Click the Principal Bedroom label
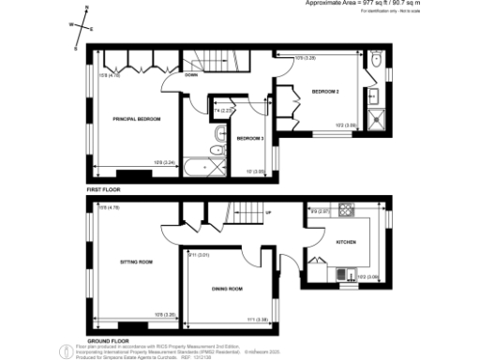pos(138,119)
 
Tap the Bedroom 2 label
pos(325,92)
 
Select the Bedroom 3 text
pos(250,139)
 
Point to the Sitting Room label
pos(137,262)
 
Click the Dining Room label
pos(227,289)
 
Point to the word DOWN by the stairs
pos(191,74)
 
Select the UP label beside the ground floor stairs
pos(269,213)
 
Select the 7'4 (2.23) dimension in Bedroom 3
pos(222,110)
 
